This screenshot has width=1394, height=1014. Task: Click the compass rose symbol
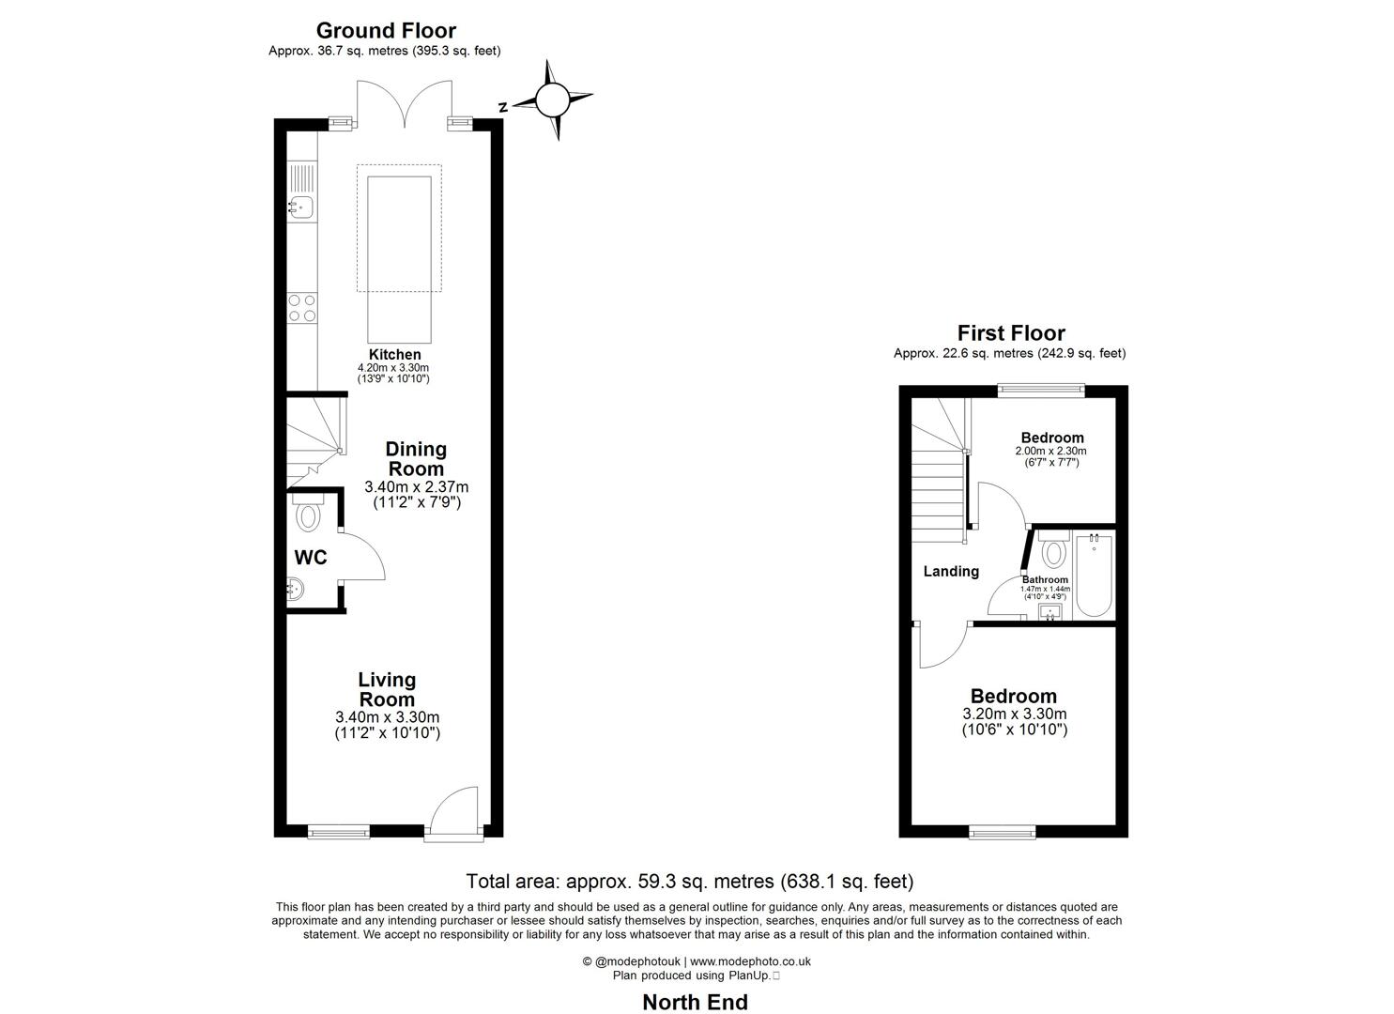click(x=552, y=99)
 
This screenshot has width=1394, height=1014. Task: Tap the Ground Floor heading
click(x=386, y=30)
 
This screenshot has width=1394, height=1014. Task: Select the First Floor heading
click(x=1010, y=332)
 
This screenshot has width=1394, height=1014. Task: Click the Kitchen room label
click(x=394, y=355)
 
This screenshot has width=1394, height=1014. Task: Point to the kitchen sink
click(x=301, y=207)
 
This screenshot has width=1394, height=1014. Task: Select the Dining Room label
click(x=416, y=459)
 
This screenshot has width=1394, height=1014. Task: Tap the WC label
click(x=311, y=558)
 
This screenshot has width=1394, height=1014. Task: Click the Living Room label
click(x=387, y=689)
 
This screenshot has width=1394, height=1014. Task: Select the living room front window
click(x=339, y=830)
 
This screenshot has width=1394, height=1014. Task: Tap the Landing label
click(x=951, y=571)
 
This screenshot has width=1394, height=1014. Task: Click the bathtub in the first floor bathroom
click(x=1094, y=576)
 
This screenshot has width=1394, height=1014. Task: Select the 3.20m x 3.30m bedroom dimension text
click(x=1014, y=714)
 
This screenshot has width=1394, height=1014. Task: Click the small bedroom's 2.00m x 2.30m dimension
click(x=1050, y=451)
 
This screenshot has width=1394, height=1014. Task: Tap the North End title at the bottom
click(x=695, y=1002)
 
